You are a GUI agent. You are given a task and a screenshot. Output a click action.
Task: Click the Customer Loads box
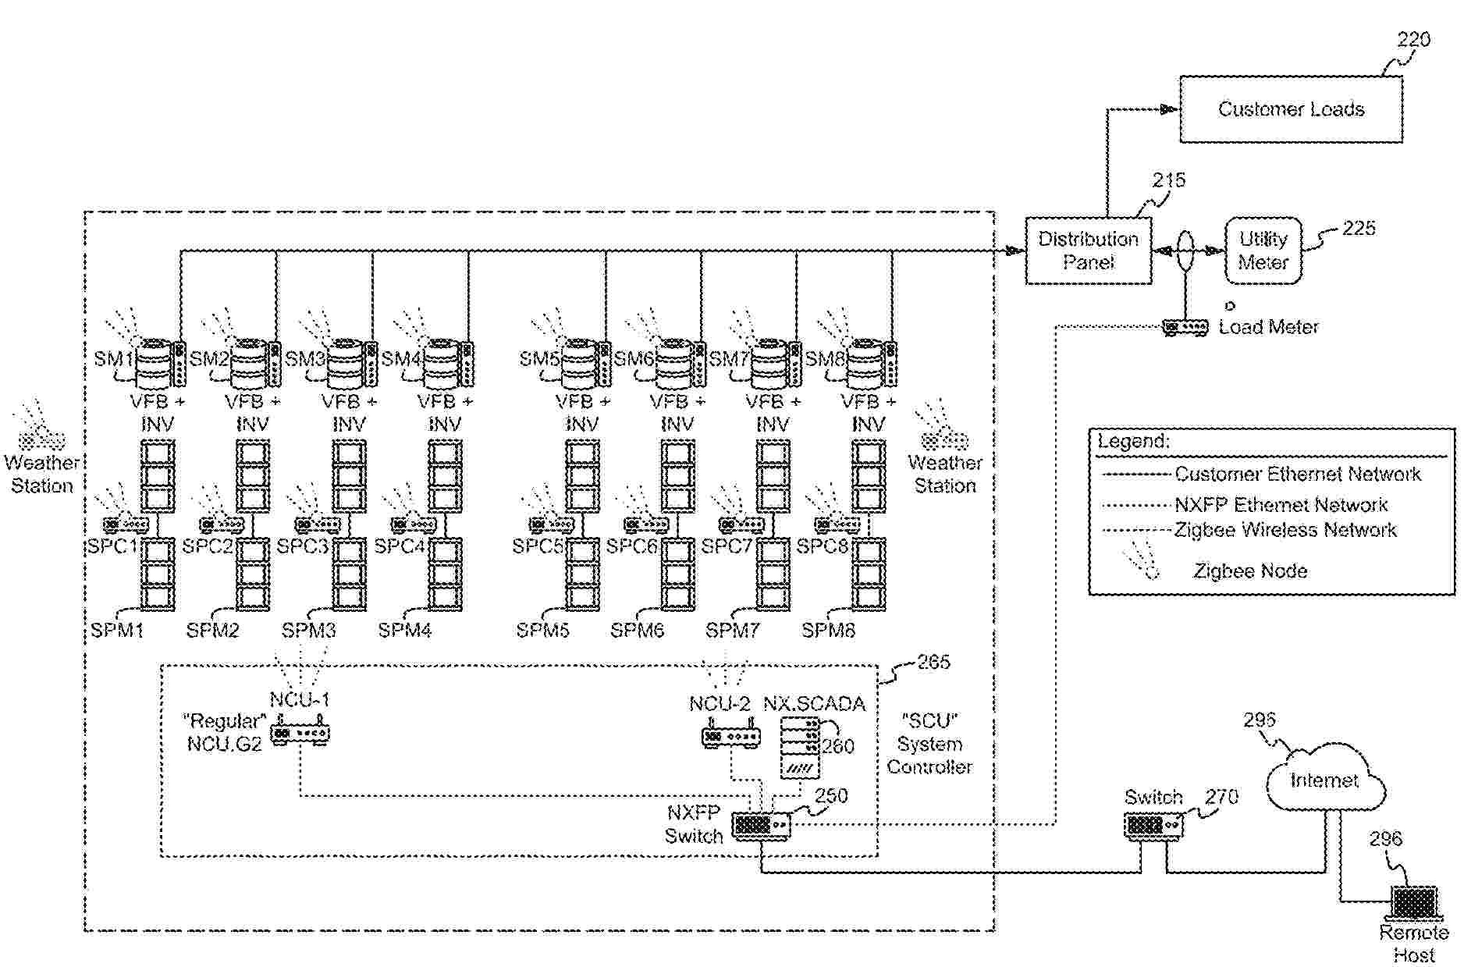coord(1291,109)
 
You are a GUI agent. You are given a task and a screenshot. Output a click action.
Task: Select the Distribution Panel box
coord(1088,251)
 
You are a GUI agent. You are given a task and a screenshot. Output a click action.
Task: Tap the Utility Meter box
coord(1263,251)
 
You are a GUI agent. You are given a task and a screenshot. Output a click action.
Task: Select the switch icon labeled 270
coord(1153,825)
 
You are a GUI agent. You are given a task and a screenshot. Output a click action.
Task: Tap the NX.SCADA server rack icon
coord(801,748)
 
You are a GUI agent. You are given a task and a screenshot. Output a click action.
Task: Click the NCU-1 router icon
coord(300,734)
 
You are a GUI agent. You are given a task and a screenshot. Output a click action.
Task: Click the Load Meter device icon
coord(1185,327)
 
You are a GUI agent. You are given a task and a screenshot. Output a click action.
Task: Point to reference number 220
coord(1413,40)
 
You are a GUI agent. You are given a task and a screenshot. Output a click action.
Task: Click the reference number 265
coord(933,662)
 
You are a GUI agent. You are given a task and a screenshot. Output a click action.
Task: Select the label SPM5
coord(542,630)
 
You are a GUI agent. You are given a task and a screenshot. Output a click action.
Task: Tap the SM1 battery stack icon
coord(154,363)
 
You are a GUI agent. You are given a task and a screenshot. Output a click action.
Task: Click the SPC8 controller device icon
coord(837,524)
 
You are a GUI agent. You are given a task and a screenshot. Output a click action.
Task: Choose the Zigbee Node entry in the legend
coord(1250,571)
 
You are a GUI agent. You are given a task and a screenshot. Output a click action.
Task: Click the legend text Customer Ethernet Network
coord(1297,474)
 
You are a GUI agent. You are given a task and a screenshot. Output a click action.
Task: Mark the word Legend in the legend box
coord(1133,441)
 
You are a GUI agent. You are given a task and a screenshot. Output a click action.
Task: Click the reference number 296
coord(1386,839)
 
